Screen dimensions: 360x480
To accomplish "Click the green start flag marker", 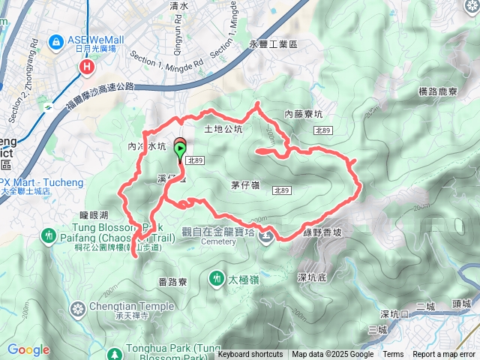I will click(x=181, y=151).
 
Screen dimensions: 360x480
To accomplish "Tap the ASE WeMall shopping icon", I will click(x=55, y=40).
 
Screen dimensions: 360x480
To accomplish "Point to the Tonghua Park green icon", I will click(x=115, y=353).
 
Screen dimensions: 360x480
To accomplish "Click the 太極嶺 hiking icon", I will click(x=217, y=279).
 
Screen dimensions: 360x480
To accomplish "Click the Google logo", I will click(x=28, y=349).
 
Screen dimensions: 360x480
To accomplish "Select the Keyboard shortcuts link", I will click(x=250, y=355).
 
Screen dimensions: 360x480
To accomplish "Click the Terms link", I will click(x=393, y=355).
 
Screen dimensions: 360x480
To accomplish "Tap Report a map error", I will click(x=444, y=355).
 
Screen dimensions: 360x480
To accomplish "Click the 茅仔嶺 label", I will click(x=241, y=184).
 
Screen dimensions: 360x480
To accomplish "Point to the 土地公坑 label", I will click(x=223, y=130).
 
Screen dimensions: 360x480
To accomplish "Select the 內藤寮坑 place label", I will click(x=304, y=115).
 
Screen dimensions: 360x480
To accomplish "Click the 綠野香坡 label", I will click(x=322, y=233).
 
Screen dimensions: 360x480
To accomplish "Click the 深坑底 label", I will click(x=311, y=277).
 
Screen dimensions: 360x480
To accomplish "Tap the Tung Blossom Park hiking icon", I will click(x=50, y=235).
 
